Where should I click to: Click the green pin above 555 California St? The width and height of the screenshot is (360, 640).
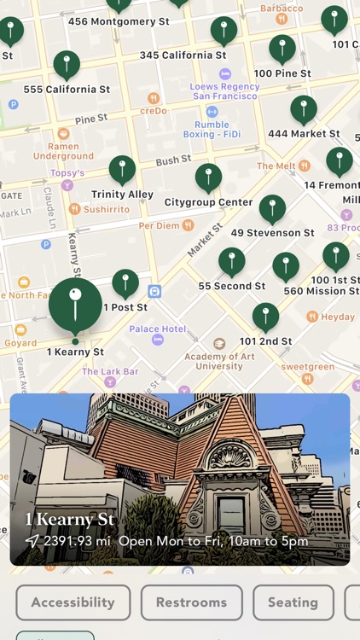click(67, 65)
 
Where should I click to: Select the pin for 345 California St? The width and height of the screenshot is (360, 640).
click(224, 31)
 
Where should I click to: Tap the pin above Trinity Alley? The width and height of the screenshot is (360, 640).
click(122, 170)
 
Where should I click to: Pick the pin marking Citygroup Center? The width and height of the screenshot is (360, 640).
click(208, 177)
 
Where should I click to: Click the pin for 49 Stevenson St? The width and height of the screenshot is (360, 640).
click(272, 209)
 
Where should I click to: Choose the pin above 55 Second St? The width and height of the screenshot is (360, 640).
click(231, 262)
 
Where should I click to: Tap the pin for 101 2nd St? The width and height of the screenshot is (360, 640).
click(265, 317)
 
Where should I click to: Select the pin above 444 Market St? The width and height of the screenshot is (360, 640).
click(303, 109)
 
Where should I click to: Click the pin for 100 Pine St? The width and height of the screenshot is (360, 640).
click(282, 49)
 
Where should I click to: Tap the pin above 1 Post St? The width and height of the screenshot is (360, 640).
click(125, 283)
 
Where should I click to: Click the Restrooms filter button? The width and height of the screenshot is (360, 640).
click(192, 602)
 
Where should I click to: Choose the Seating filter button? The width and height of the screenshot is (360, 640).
click(293, 602)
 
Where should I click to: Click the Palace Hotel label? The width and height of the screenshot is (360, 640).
click(158, 329)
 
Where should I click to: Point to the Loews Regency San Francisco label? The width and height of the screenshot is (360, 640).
click(224, 91)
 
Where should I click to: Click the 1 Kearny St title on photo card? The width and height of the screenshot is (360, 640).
click(70, 520)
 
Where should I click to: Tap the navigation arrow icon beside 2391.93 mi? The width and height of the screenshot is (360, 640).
click(32, 541)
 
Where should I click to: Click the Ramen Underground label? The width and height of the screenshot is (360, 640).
click(63, 151)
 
